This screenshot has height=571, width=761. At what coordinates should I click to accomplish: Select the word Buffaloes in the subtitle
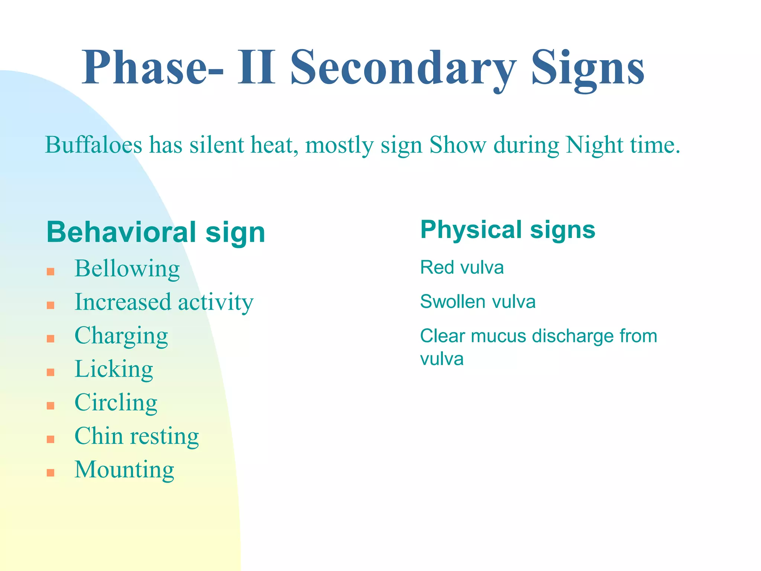click(93, 145)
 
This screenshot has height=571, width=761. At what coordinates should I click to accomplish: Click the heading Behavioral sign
click(156, 232)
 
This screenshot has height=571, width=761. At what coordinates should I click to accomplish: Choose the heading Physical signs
click(508, 230)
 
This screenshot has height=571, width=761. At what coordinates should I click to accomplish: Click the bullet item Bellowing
click(127, 268)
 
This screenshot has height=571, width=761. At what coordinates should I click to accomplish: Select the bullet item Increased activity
click(164, 302)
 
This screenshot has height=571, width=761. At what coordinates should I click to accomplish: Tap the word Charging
click(121, 336)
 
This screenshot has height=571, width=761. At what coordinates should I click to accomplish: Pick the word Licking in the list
click(114, 369)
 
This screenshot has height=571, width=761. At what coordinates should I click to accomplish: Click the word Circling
click(116, 403)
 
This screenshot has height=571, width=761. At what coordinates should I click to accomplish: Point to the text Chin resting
click(137, 436)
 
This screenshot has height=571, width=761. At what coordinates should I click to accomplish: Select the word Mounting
click(124, 470)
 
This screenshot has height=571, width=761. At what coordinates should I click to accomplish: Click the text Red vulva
click(462, 268)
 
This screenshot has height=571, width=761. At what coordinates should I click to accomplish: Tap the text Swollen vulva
click(478, 301)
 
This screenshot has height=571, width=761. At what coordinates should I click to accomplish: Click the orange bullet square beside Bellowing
click(51, 272)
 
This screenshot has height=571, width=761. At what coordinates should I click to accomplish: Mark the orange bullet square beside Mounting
click(51, 473)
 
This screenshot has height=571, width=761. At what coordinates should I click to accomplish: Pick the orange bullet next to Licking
click(51, 372)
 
